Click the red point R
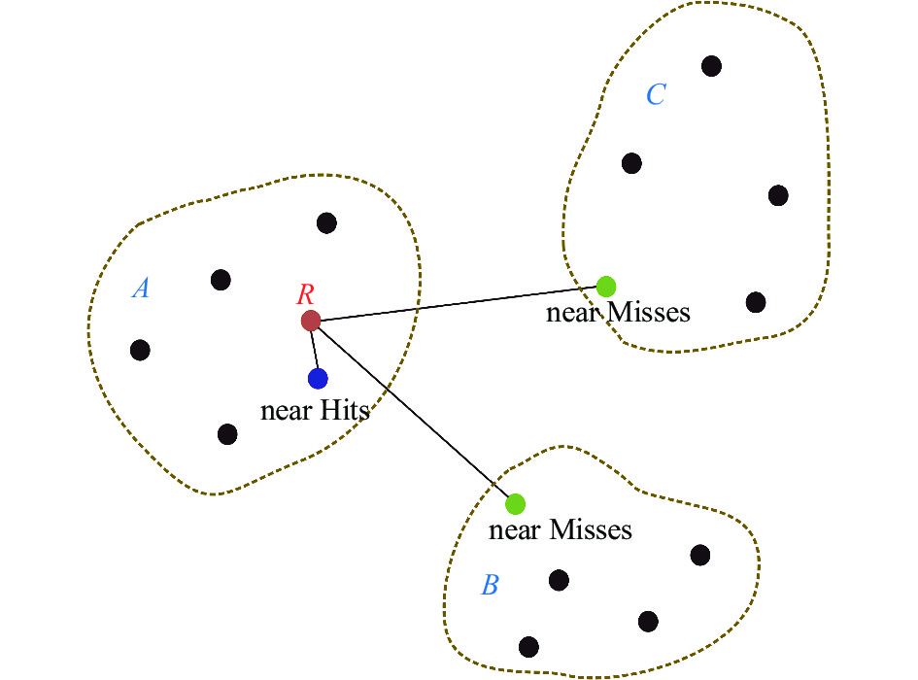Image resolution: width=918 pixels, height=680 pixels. pyautogui.click(x=311, y=320)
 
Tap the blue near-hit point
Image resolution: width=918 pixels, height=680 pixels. pyautogui.click(x=318, y=378)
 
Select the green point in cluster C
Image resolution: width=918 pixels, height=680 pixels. pyautogui.click(x=606, y=286)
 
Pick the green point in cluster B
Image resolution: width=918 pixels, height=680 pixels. pyautogui.click(x=516, y=503)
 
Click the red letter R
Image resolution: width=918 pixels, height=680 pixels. pyautogui.click(x=305, y=294)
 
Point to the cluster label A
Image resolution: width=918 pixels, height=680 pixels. pyautogui.click(x=141, y=289)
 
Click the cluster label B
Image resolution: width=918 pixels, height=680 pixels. pyautogui.click(x=491, y=586)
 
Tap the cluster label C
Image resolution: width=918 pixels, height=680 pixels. pyautogui.click(x=656, y=94)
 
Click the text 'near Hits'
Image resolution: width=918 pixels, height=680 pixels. pyautogui.click(x=316, y=410)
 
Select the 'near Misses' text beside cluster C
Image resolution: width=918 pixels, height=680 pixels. pyautogui.click(x=618, y=313)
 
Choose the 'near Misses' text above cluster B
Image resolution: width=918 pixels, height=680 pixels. pyautogui.click(x=560, y=530)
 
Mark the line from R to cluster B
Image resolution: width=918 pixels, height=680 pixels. pyautogui.click(x=413, y=412)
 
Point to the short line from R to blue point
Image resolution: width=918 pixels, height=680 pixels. pyautogui.click(x=314, y=349)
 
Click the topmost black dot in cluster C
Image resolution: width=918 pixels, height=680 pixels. pyautogui.click(x=712, y=66)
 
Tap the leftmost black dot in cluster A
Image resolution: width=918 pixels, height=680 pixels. pyautogui.click(x=140, y=350)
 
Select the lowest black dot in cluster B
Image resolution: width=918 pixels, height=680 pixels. pyautogui.click(x=528, y=646)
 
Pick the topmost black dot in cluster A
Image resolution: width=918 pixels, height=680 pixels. pyautogui.click(x=327, y=223)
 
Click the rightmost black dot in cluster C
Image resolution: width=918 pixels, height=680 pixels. pyautogui.click(x=778, y=195)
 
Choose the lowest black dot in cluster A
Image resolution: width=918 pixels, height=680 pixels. pyautogui.click(x=227, y=433)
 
